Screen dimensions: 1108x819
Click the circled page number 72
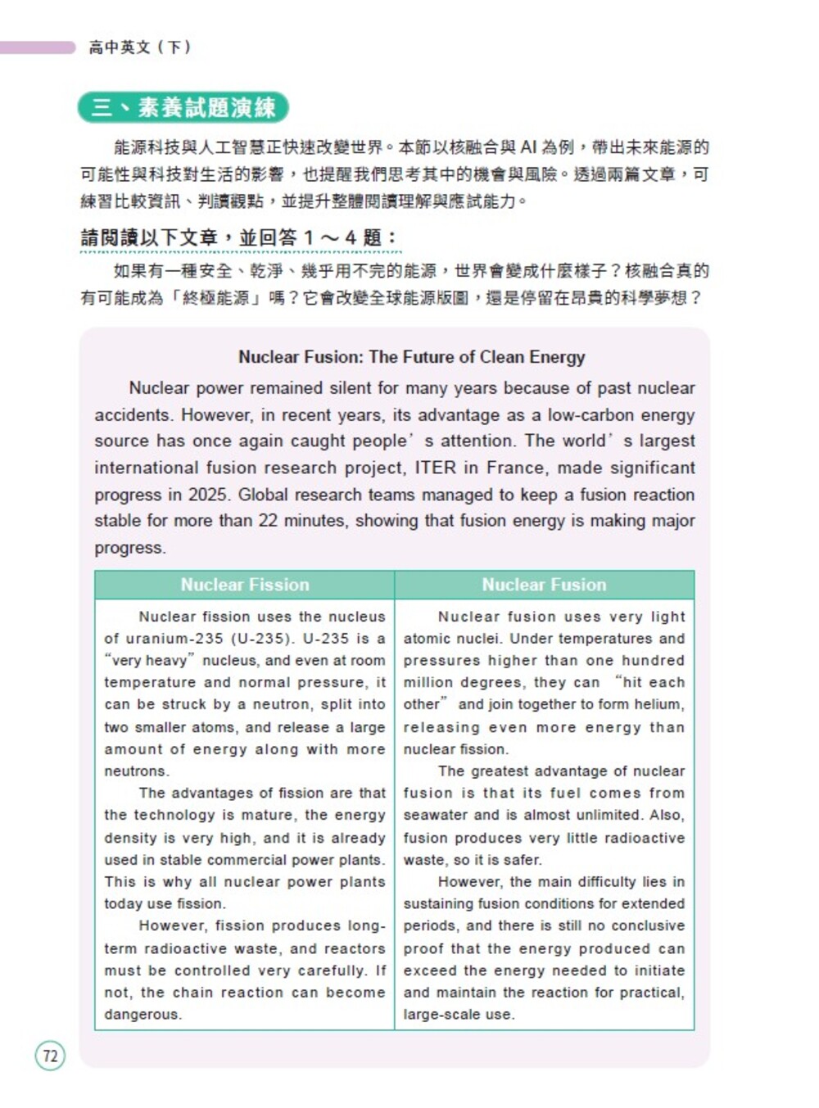50,1056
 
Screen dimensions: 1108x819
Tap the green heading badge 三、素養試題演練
183,107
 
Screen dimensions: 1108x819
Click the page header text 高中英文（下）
140,47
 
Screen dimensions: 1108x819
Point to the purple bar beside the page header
38,47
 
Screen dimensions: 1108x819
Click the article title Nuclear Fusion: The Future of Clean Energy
411,357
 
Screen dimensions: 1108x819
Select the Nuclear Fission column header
245,585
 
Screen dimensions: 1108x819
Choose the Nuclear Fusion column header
544,585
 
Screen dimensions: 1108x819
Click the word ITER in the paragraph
435,468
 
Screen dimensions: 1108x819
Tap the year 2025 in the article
208,495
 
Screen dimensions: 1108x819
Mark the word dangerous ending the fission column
143,1014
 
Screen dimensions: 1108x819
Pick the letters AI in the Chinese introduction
528,147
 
